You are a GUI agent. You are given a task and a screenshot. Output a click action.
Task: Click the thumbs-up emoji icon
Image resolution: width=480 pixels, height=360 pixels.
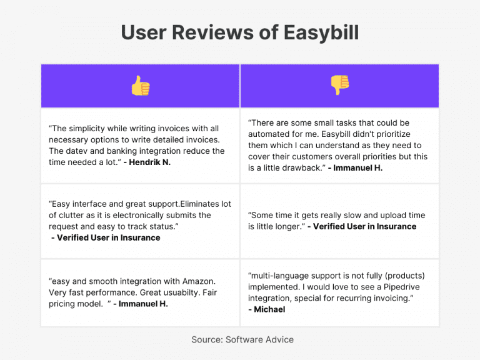point(140,86)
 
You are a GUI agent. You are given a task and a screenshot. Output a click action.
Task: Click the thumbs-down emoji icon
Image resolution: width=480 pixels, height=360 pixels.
point(339,85)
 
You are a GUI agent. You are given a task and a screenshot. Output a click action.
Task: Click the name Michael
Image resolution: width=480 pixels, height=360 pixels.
point(270,309)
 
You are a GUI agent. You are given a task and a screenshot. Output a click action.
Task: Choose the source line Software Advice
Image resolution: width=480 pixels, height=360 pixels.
point(259,339)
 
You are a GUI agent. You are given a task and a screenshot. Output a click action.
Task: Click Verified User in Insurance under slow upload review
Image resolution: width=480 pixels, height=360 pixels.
point(364,226)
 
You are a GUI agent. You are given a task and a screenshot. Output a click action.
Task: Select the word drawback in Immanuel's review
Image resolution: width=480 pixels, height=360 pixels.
point(301,167)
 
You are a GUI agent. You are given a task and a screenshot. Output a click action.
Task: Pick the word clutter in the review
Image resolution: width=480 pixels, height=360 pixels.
point(74,215)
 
